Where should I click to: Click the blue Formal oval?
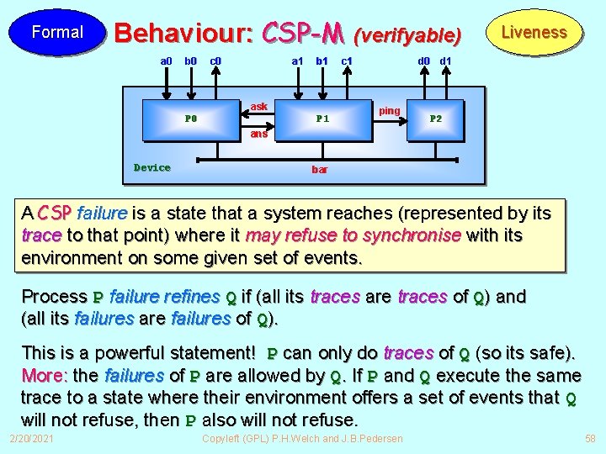point(57,33)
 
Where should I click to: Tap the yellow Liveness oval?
point(534,33)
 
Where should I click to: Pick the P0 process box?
point(191,119)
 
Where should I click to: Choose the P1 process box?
point(322,119)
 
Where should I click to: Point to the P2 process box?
point(436,119)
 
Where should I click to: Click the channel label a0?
point(167,61)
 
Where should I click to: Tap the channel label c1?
point(346,61)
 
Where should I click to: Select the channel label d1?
point(446,61)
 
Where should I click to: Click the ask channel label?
point(259,107)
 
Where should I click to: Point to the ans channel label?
point(259,134)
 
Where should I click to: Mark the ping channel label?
point(390,111)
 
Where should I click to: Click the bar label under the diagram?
point(320,170)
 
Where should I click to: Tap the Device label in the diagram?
point(152,167)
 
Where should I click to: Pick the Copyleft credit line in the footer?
point(302,439)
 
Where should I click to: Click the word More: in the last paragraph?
point(45,375)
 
